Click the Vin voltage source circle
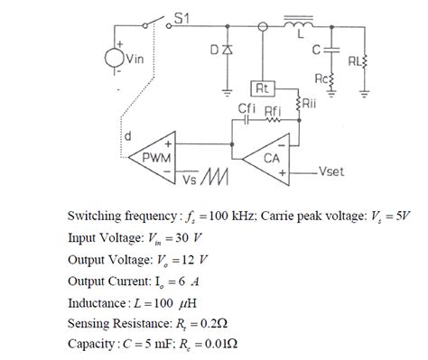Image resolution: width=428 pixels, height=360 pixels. pos(116,59)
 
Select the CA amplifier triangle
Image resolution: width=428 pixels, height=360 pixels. pos(269,156)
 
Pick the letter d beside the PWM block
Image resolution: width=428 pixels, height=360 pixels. pos(126,138)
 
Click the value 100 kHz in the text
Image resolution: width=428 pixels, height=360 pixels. pos(218,217)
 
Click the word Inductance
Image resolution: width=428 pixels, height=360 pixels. pos(101,300)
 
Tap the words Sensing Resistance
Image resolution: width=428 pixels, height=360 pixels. pos(123,322)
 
